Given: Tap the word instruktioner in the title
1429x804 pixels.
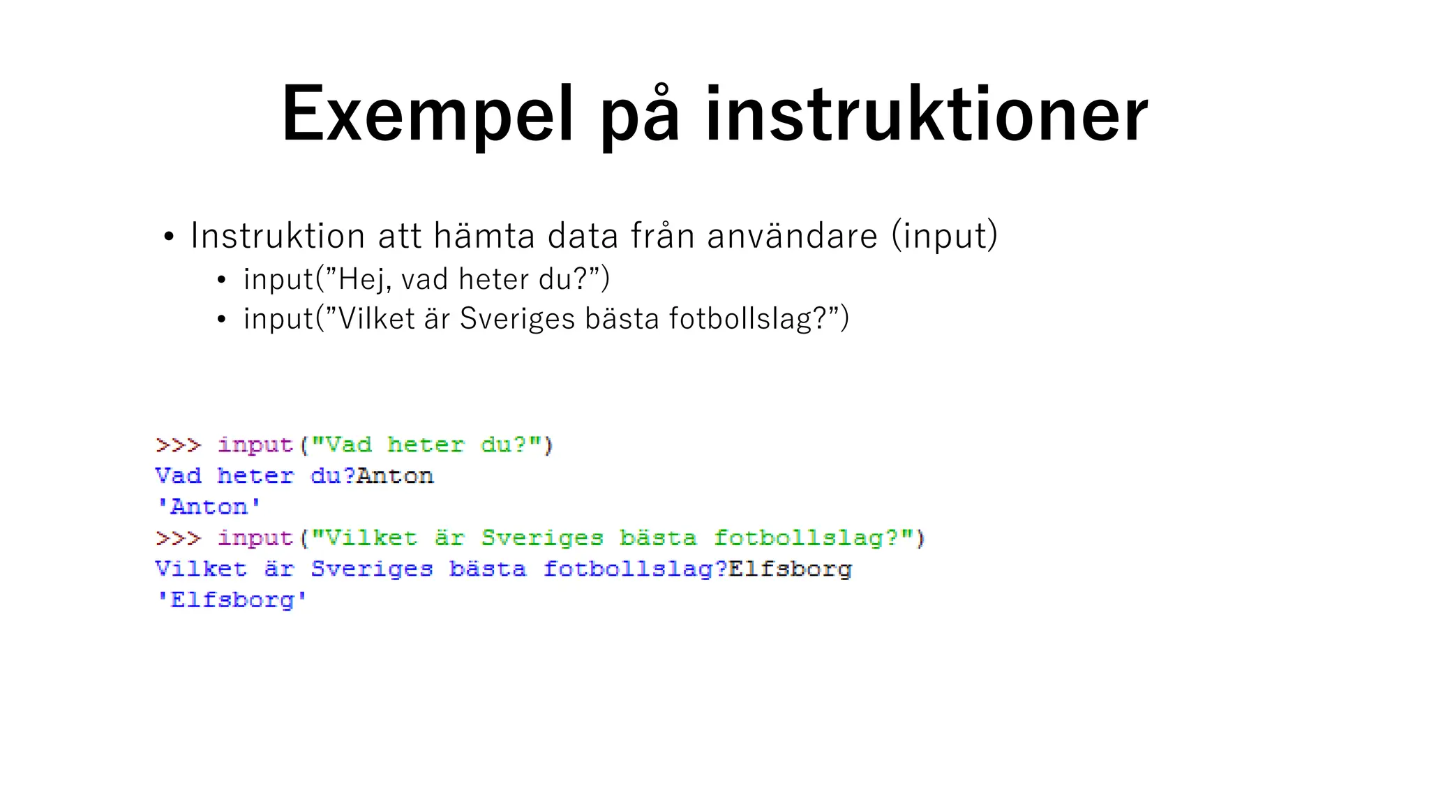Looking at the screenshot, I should coord(926,114).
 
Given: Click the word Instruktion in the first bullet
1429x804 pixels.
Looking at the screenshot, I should coord(278,235).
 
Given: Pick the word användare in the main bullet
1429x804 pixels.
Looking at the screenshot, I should coord(792,235).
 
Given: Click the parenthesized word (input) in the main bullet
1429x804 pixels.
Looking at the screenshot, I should coord(945,236).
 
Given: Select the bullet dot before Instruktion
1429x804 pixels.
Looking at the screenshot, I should coord(168,237).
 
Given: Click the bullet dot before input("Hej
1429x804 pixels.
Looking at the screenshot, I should coord(221,281).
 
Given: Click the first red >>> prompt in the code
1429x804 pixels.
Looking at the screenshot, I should coord(179,445).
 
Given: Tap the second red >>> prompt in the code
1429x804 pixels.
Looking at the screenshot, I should coord(179,538).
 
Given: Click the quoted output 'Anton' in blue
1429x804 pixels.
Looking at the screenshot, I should coord(209,507).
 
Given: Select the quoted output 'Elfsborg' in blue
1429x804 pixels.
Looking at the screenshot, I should coord(232,600).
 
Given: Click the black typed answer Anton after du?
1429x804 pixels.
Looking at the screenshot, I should coord(395,476).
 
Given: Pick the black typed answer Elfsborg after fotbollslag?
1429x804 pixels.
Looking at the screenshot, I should coord(790,569).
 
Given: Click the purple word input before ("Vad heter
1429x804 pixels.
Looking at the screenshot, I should coord(255,445).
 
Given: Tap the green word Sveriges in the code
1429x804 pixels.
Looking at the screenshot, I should coord(542,538).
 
